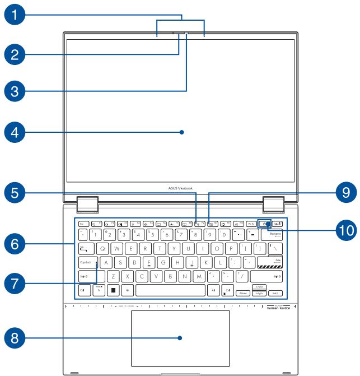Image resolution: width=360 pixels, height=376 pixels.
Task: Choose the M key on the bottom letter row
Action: [x=198, y=276]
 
